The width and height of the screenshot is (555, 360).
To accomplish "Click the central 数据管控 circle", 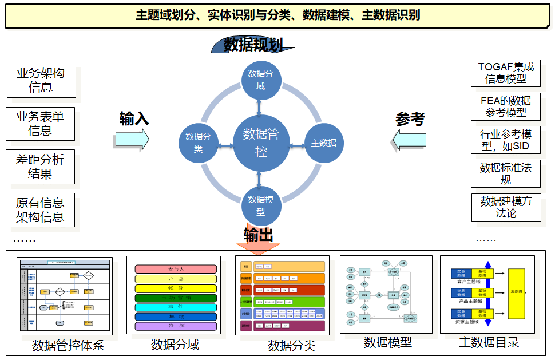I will point(260,143).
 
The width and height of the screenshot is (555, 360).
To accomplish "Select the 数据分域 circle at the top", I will point(260,80).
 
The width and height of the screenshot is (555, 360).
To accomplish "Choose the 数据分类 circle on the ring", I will point(198,143).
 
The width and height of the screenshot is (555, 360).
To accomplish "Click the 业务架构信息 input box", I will point(41,80).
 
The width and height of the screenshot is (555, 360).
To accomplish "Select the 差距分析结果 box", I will point(40,167).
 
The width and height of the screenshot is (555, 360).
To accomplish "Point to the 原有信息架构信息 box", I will point(40,210).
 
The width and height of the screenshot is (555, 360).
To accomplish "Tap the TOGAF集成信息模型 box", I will point(505,73).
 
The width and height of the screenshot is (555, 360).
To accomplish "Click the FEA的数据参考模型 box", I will point(505,106).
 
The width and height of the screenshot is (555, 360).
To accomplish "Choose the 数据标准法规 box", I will point(505,173).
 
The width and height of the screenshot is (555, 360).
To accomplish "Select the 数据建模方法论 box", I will point(506,208).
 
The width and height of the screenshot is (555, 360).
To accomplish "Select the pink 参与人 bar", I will point(176,269).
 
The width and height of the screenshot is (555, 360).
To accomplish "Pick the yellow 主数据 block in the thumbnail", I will point(516,293).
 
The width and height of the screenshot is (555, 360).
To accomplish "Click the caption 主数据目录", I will point(489,342).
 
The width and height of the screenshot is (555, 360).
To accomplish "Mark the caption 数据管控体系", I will point(68,346).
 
